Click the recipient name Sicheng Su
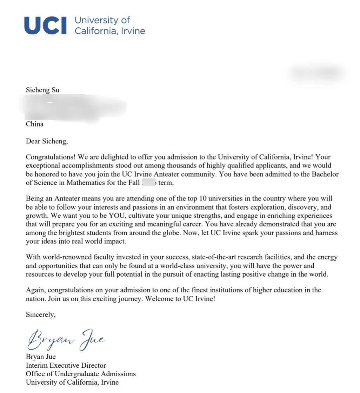click(x=42, y=90)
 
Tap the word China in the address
click(x=35, y=124)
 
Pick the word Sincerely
click(x=41, y=315)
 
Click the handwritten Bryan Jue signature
click(x=66, y=339)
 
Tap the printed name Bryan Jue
click(x=41, y=357)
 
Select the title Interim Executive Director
click(x=66, y=366)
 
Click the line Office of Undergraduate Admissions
click(x=81, y=374)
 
